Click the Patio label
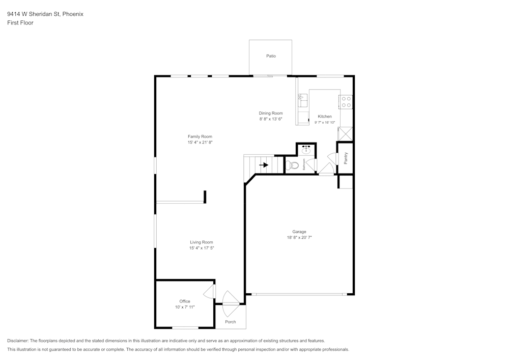[x=271, y=56]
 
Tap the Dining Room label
[x=270, y=113]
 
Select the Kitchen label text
[x=324, y=117]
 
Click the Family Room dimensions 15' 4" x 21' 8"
[x=200, y=143]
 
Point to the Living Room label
[x=201, y=242]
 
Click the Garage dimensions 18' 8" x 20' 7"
[x=299, y=238]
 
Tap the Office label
[x=184, y=301]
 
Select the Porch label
[x=231, y=322]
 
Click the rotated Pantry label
[x=346, y=158]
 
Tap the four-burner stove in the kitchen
[x=347, y=102]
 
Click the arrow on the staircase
[x=264, y=165]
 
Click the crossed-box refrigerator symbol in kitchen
[x=345, y=133]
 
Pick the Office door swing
[x=209, y=292]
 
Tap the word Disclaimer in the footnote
[x=18, y=341]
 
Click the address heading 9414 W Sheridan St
[x=45, y=14]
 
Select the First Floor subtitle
[x=20, y=23]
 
